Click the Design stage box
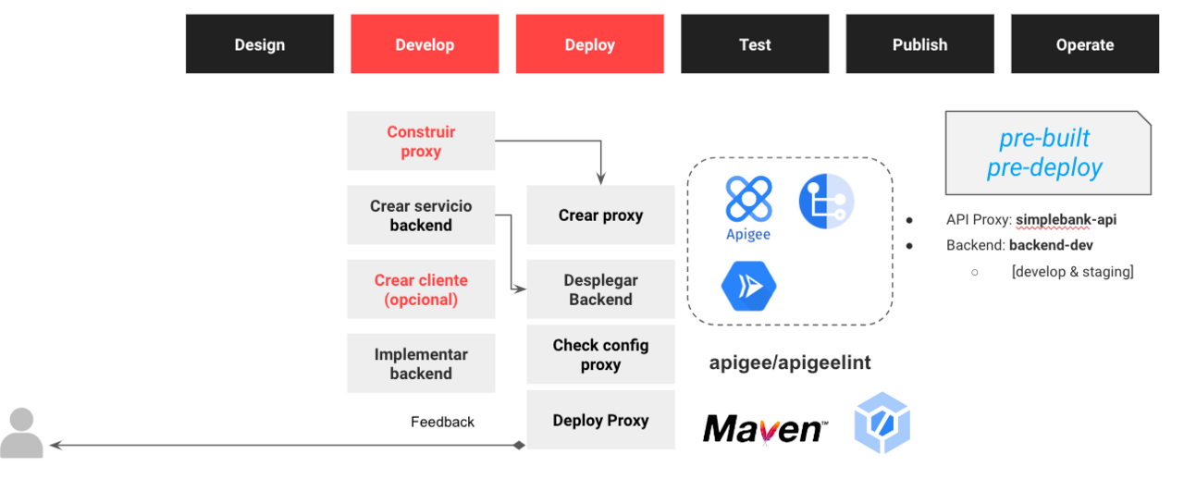click(259, 44)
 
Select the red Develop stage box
click(425, 44)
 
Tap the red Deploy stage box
click(589, 44)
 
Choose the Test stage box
click(755, 44)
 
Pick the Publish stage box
click(919, 44)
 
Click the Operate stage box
click(1084, 44)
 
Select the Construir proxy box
click(421, 141)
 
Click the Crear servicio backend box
click(421, 215)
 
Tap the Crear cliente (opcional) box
click(421, 289)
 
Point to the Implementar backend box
click(421, 363)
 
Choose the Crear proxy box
click(600, 215)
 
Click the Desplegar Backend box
click(600, 289)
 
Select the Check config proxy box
click(600, 354)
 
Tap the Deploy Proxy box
click(600, 420)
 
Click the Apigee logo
click(748, 207)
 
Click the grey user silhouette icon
click(21, 433)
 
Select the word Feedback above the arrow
click(442, 422)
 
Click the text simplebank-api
click(1066, 220)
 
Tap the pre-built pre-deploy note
click(1044, 153)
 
